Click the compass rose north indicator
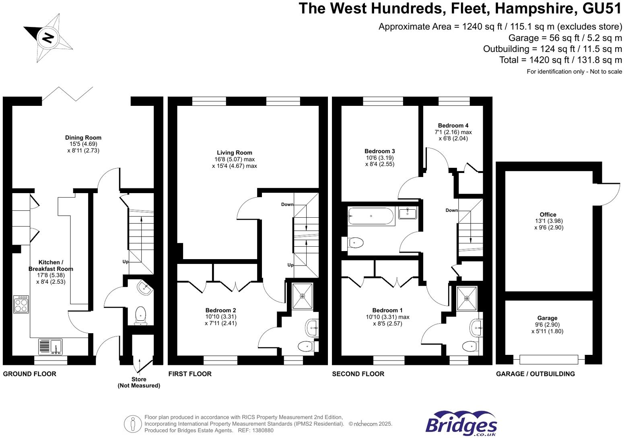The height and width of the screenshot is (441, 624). coord(48,38)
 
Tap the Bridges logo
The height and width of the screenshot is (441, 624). coord(461,424)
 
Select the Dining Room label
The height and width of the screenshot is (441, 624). coord(83,138)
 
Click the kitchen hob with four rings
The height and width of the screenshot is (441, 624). coord(21,304)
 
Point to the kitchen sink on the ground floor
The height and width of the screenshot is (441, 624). coord(51,346)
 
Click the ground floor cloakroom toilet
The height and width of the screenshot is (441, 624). coord(140,315)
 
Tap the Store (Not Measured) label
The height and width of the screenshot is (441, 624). coord(139,382)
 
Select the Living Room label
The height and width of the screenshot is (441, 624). coord(234,152)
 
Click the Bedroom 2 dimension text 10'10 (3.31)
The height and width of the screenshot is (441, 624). coord(220,317)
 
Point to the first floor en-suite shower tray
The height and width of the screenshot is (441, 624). coord(302,296)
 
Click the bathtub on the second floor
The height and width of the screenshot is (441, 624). coord(371,216)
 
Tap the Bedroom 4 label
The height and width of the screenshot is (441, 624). coord(453,126)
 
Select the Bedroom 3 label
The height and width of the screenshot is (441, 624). coord(380,151)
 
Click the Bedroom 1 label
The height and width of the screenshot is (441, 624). coord(387,310)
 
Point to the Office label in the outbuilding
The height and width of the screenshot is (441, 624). coord(548,214)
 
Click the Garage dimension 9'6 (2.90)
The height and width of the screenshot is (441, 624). coord(547,325)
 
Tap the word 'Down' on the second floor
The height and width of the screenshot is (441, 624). coord(451,210)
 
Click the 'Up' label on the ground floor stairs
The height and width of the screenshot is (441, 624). coord(126,262)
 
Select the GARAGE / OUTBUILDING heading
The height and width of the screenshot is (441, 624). coord(535,374)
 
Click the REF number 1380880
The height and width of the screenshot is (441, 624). coord(262,430)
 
